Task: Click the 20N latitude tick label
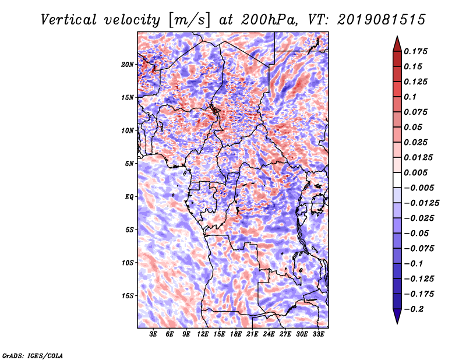pos(127,65)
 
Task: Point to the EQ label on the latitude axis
pos(129,197)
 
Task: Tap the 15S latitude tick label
pos(128,296)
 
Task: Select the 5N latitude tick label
pos(129,164)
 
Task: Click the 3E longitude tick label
pos(153,334)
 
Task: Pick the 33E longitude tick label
pos(318,334)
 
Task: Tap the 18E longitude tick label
pos(236,334)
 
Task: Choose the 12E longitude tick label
pos(203,334)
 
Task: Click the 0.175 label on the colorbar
pos(415,51)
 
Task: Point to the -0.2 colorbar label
pos(414,309)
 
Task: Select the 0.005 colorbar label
pos(415,172)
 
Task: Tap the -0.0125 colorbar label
pos(421,203)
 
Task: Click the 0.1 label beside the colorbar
pos(410,97)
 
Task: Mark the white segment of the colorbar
pos(397,180)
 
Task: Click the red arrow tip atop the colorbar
pos(397,37)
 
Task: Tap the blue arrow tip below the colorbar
pos(397,323)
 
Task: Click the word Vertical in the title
pos(69,20)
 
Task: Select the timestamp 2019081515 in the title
pos(382,20)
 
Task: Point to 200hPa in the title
pos(269,20)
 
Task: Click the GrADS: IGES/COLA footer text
pos(33,356)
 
